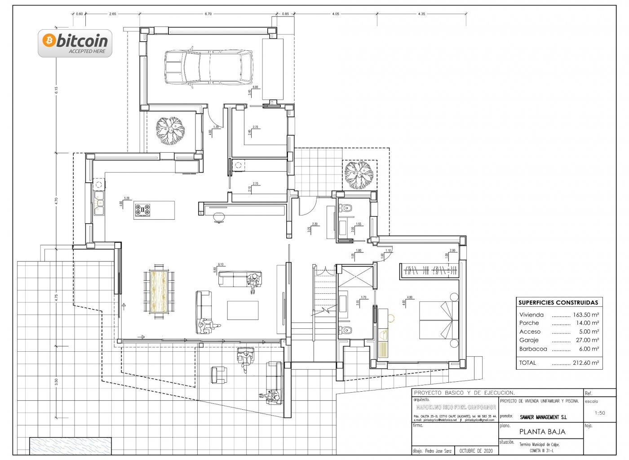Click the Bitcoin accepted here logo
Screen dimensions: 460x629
click(75, 44)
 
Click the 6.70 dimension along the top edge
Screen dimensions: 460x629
click(208, 14)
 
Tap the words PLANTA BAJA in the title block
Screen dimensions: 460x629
click(542, 432)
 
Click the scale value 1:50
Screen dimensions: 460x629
click(599, 413)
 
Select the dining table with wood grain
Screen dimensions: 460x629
click(159, 291)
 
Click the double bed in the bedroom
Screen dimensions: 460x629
click(439, 320)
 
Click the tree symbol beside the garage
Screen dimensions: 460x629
click(170, 130)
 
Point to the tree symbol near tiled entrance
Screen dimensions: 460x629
click(359, 175)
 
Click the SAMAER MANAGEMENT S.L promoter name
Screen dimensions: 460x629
click(543, 417)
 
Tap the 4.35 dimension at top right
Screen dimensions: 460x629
click(421, 14)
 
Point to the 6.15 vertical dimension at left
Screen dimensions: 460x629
click(57, 90)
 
